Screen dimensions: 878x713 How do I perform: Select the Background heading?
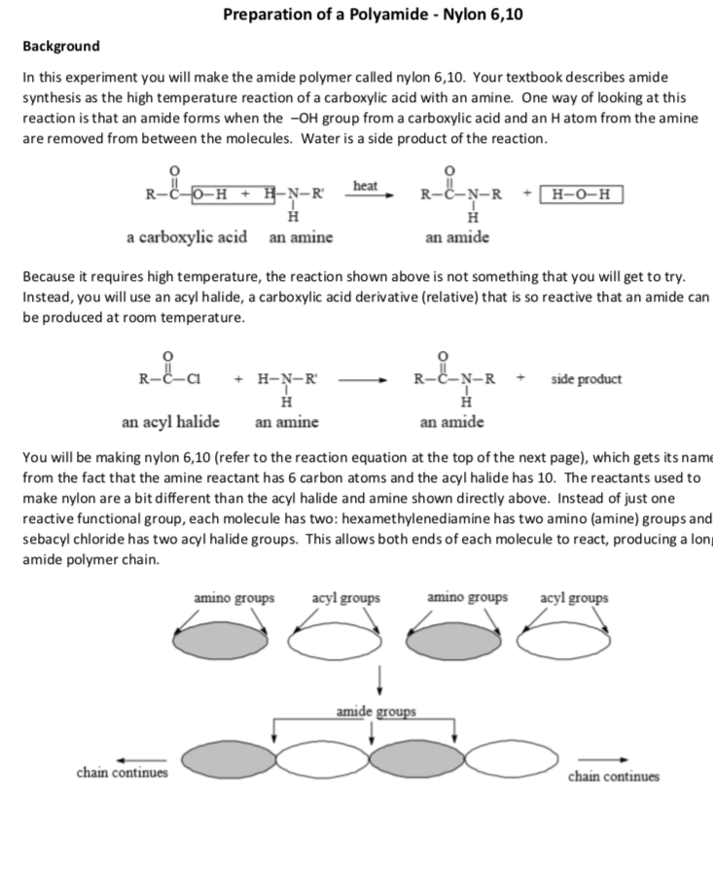(x=60, y=47)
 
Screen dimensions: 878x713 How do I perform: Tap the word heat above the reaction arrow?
(x=365, y=185)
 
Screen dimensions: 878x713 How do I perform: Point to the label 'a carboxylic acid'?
(x=186, y=237)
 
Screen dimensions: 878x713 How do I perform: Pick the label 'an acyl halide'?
(x=170, y=422)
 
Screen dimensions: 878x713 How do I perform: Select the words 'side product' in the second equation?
(x=586, y=379)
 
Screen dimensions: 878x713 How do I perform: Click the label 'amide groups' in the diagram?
(x=375, y=712)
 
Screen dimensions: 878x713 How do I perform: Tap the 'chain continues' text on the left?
(x=122, y=773)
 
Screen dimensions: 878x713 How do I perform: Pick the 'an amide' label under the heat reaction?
(x=457, y=237)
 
